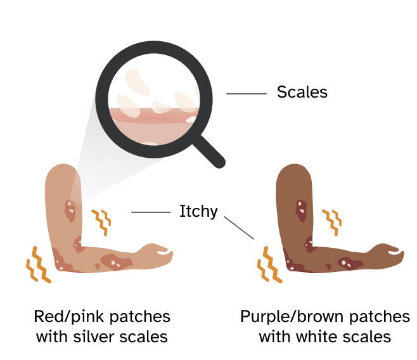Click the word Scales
pyautogui.click(x=302, y=93)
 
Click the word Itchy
pyautogui.click(x=198, y=212)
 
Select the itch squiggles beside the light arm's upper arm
pyautogui.click(x=101, y=219)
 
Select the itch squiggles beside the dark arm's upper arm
pyautogui.click(x=331, y=219)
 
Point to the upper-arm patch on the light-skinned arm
pyautogui.click(x=70, y=209)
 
